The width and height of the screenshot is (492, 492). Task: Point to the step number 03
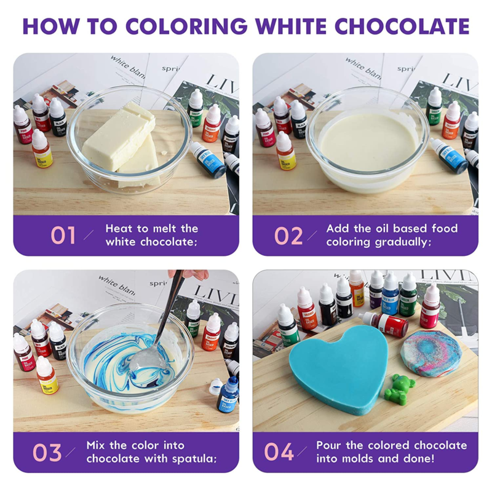click(x=48, y=452)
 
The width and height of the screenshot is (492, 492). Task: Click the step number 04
click(x=279, y=452)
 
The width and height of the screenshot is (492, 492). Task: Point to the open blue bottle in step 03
click(x=229, y=394)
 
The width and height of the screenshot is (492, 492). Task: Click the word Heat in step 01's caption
click(x=119, y=228)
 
